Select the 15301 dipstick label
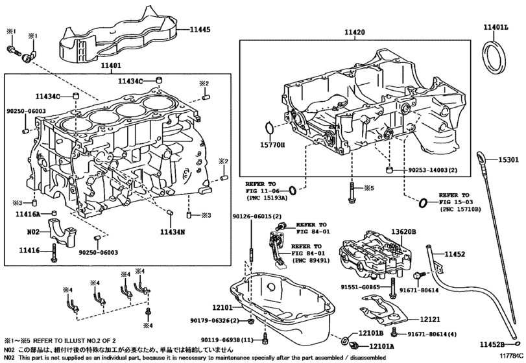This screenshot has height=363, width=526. (x=511, y=159)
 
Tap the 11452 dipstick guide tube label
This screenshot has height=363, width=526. (x=455, y=254)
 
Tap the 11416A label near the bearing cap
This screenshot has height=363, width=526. (x=29, y=213)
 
